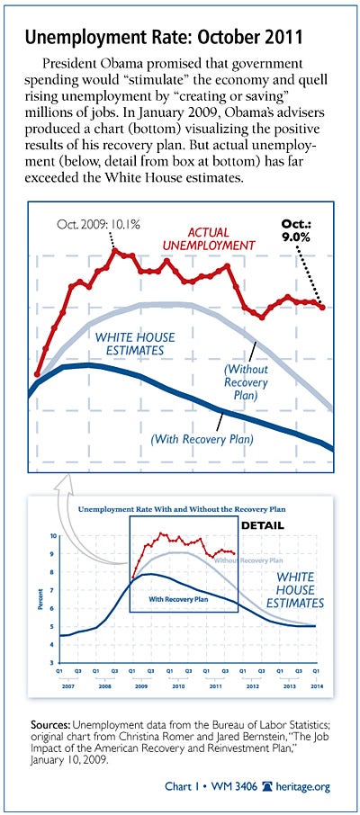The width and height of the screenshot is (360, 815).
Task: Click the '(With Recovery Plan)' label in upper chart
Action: coord(202,440)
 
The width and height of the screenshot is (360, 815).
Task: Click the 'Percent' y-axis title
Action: coord(40,599)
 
